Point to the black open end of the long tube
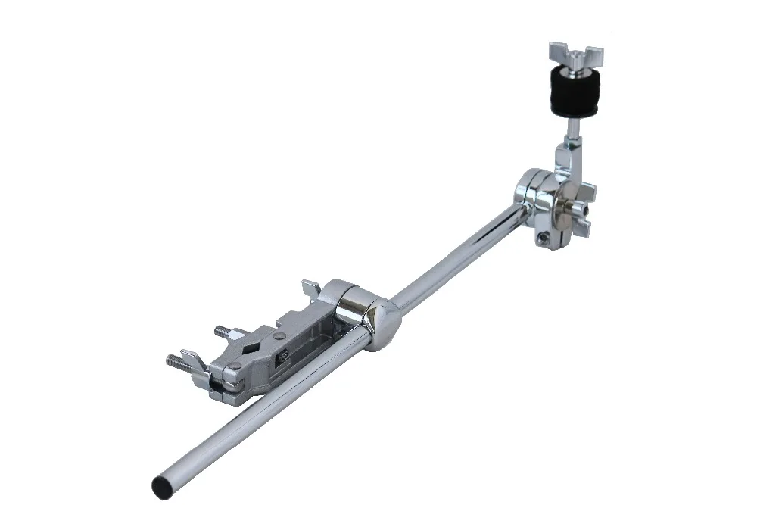tap(161, 482)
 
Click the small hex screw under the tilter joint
tap(543, 238)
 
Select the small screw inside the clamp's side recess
tap(283, 357)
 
